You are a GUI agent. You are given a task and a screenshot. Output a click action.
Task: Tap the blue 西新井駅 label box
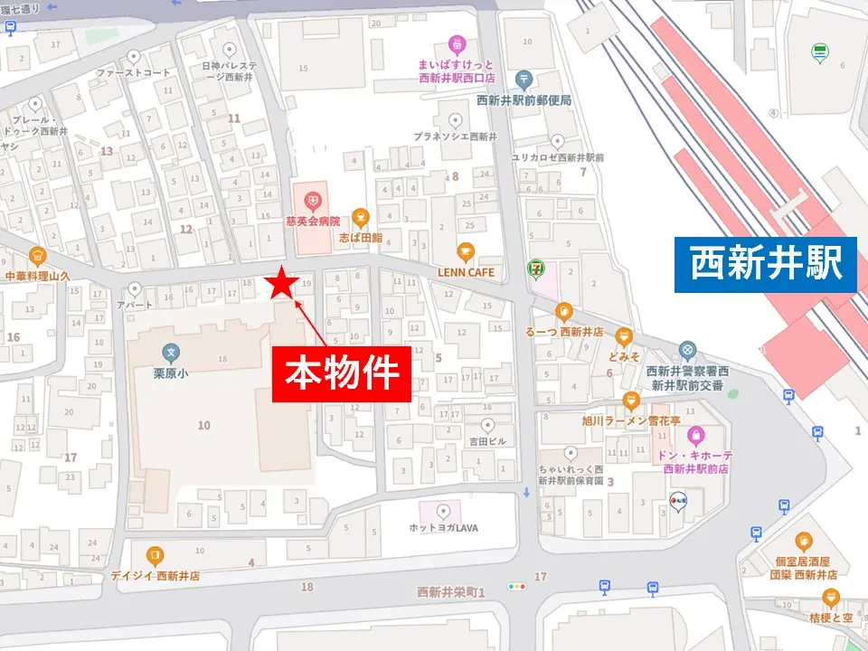coord(765,264)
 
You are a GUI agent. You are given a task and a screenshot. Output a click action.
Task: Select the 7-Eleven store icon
coord(536,269)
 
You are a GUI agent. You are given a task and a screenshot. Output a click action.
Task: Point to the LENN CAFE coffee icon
coord(465,251)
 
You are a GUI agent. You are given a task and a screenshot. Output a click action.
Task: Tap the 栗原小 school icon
coord(170,354)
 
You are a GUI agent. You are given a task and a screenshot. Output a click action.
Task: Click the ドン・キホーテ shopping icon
coord(695,436)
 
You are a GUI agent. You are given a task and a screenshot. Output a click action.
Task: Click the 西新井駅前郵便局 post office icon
coord(523,80)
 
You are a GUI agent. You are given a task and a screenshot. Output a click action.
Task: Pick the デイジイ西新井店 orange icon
coord(155,554)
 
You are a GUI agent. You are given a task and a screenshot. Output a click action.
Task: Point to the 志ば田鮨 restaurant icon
coord(360,216)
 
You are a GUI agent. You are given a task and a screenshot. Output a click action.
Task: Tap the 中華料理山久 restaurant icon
coord(37,256)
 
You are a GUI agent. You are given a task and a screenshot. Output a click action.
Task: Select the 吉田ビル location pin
coord(488,425)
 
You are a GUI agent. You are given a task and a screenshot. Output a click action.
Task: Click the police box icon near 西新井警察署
coord(687,349)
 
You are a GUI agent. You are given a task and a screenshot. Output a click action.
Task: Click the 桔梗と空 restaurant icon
coord(830,597)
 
